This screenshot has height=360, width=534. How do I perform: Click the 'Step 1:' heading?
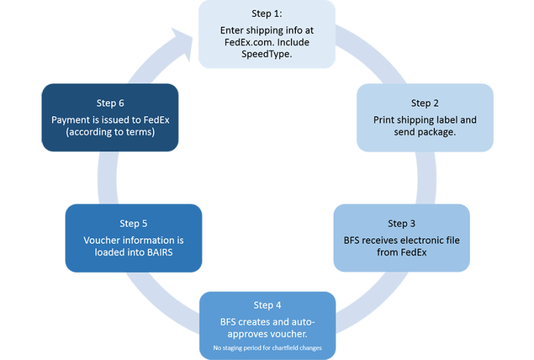(x=267, y=14)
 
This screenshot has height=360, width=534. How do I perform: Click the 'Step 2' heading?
(x=424, y=103)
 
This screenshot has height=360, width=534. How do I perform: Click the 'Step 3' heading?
(x=401, y=223)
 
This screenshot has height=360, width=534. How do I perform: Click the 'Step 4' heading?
(x=267, y=305)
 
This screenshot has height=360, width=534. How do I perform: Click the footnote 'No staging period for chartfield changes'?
(x=267, y=347)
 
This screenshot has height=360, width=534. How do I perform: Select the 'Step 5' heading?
(x=133, y=223)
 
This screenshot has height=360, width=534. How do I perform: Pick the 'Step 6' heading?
(x=110, y=103)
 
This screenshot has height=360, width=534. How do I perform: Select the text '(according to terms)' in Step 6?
(x=110, y=132)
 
